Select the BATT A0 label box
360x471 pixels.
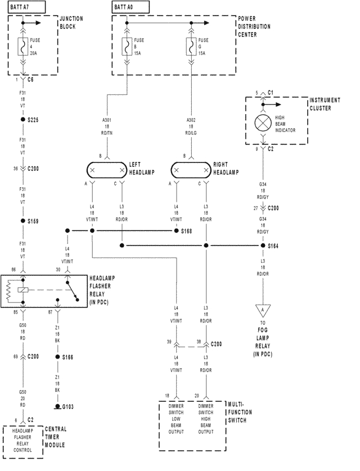pyautogui.click(x=130, y=7)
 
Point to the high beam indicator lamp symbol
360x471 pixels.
pyautogui.click(x=263, y=123)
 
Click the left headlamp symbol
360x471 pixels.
pyautogui.click(x=106, y=169)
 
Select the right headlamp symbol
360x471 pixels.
pyautogui.click(x=191, y=169)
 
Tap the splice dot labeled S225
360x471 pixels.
pyautogui.click(x=22, y=120)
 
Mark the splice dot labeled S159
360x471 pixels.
pyautogui.click(x=22, y=221)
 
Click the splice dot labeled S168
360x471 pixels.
pyautogui.click(x=175, y=230)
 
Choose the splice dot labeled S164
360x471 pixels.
pyautogui.click(x=263, y=246)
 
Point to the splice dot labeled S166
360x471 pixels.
pyautogui.click(x=56, y=357)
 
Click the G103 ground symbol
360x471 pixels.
pyautogui.click(x=56, y=406)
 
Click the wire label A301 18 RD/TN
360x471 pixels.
pyautogui.click(x=106, y=126)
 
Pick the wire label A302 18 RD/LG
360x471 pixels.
pyautogui.click(x=191, y=126)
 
